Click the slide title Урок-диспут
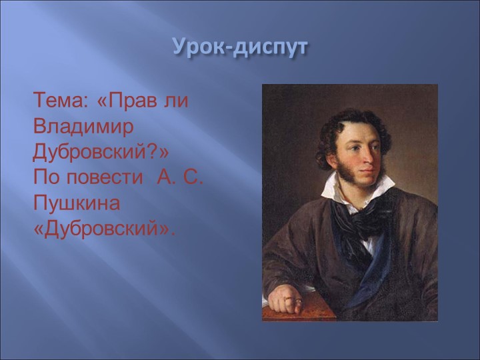pyautogui.click(x=240, y=47)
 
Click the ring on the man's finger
pyautogui.click(x=289, y=301)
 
